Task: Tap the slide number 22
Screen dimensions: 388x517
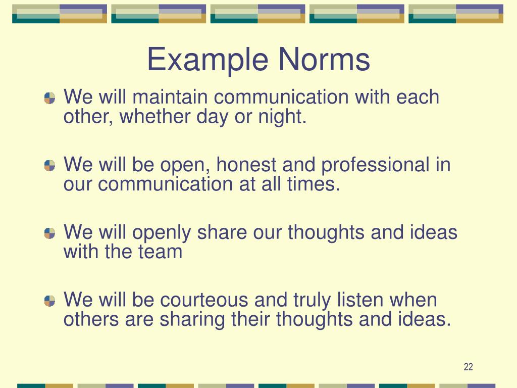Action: pos(468,367)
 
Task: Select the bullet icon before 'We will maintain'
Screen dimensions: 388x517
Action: pos(49,98)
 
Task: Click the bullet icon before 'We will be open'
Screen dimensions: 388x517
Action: pos(49,166)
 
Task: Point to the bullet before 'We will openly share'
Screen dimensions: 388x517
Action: pos(49,233)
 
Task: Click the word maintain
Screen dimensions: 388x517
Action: pos(166,97)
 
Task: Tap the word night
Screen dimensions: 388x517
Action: pos(285,117)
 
